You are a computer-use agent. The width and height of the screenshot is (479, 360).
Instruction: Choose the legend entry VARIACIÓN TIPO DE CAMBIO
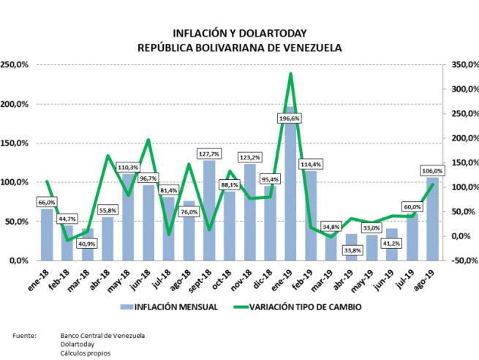(x=303, y=307)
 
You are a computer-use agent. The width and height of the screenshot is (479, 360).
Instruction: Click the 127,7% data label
(x=209, y=154)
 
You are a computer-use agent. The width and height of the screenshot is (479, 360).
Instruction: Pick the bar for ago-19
(x=432, y=220)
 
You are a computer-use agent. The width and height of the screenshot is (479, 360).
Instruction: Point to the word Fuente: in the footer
(x=25, y=335)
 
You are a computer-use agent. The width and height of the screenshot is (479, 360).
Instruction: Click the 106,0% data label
(x=432, y=171)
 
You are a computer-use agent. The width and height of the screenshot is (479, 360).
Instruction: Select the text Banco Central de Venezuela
(x=102, y=335)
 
